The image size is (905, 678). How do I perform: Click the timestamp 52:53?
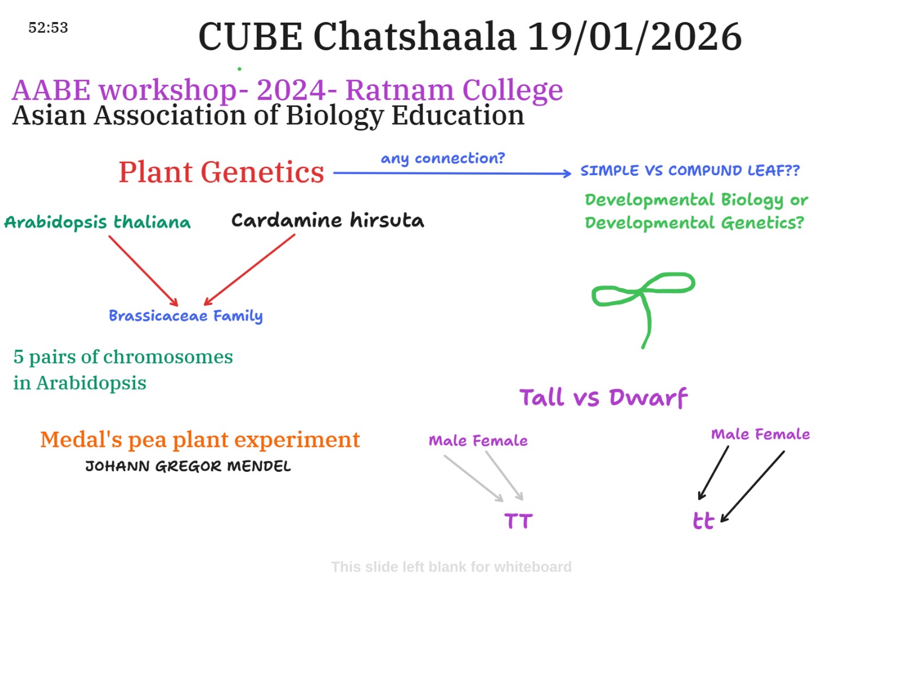tap(48, 28)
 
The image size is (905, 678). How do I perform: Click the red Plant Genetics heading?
tap(221, 172)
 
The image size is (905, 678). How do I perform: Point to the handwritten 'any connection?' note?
tap(442, 159)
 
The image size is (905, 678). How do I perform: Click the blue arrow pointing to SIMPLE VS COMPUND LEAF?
tap(452, 173)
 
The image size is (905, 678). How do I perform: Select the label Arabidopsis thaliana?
tap(97, 222)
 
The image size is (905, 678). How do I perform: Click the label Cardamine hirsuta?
tap(327, 220)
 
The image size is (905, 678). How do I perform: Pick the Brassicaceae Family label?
tap(186, 316)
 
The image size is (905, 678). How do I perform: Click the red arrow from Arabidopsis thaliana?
tap(144, 271)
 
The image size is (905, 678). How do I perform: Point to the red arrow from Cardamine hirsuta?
tap(249, 270)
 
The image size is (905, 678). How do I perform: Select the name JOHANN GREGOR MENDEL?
tap(188, 466)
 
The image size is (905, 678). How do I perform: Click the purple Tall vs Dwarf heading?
tap(603, 397)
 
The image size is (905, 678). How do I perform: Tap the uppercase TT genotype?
tap(518, 521)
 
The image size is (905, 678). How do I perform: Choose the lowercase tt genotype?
tap(703, 521)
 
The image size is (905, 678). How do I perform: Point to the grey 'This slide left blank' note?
tap(451, 567)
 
